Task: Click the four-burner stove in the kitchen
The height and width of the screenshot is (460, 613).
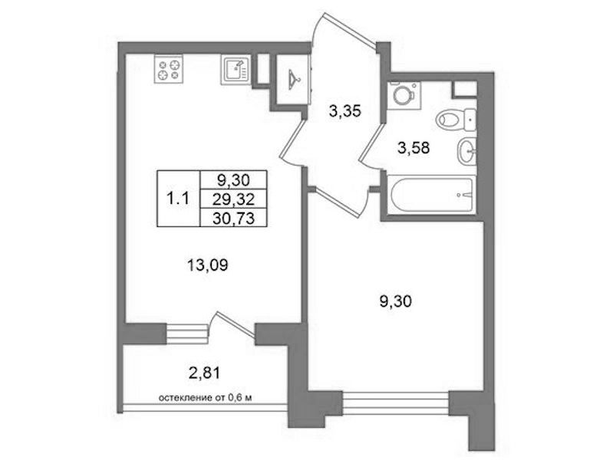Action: click(x=169, y=69)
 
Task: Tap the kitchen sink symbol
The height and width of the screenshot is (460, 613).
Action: click(x=235, y=70)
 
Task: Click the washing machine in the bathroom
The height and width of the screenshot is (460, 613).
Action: click(x=404, y=95)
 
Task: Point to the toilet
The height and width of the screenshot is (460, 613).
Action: click(x=456, y=119)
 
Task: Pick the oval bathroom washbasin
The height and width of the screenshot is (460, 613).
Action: click(x=466, y=151)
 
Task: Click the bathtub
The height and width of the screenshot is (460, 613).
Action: click(x=431, y=195)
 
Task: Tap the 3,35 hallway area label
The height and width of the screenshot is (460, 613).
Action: click(x=344, y=112)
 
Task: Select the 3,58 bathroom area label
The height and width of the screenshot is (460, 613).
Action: click(x=414, y=148)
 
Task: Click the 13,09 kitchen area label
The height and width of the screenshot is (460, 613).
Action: click(x=208, y=266)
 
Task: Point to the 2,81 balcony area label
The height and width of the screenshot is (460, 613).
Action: click(x=204, y=373)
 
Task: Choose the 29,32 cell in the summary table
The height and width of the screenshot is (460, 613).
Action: click(x=233, y=199)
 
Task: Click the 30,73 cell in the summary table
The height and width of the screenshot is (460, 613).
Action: click(x=233, y=218)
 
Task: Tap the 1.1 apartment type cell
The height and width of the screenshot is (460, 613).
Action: click(x=178, y=199)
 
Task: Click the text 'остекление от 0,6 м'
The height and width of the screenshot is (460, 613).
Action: click(x=205, y=398)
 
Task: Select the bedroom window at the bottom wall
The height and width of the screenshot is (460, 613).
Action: click(x=396, y=403)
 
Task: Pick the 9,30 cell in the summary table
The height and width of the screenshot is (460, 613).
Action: click(x=233, y=180)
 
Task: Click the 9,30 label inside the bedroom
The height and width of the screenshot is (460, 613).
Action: click(x=396, y=302)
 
